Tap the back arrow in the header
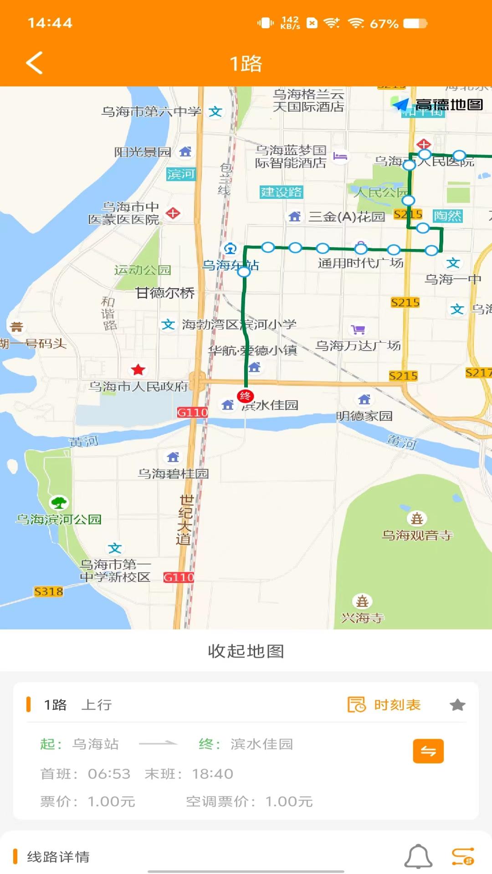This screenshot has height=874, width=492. click(x=35, y=63)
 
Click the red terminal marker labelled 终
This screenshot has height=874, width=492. click(x=245, y=396)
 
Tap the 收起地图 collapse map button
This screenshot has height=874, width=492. click(x=246, y=651)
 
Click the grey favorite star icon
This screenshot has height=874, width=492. click(x=457, y=705)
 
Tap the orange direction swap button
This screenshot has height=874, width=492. click(x=428, y=751)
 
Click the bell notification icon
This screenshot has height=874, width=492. click(x=418, y=857)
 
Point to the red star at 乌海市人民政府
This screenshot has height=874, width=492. click(x=138, y=370)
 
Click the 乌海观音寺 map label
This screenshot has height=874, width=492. click(x=417, y=535)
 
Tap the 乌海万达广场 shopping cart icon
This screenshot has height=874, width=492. click(x=359, y=329)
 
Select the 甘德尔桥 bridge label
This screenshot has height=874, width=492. click(x=165, y=293)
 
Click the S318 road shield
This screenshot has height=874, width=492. click(x=49, y=591)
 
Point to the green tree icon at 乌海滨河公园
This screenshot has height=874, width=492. click(x=59, y=503)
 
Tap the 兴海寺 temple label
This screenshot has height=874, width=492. click(x=363, y=618)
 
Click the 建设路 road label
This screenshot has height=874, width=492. click(x=281, y=192)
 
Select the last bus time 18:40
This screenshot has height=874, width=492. click(x=213, y=774)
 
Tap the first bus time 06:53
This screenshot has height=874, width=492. click(x=109, y=774)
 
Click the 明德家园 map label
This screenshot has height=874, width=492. click(x=364, y=416)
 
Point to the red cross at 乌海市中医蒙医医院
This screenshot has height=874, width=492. click(x=173, y=213)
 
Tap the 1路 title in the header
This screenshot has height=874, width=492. click(x=246, y=64)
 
